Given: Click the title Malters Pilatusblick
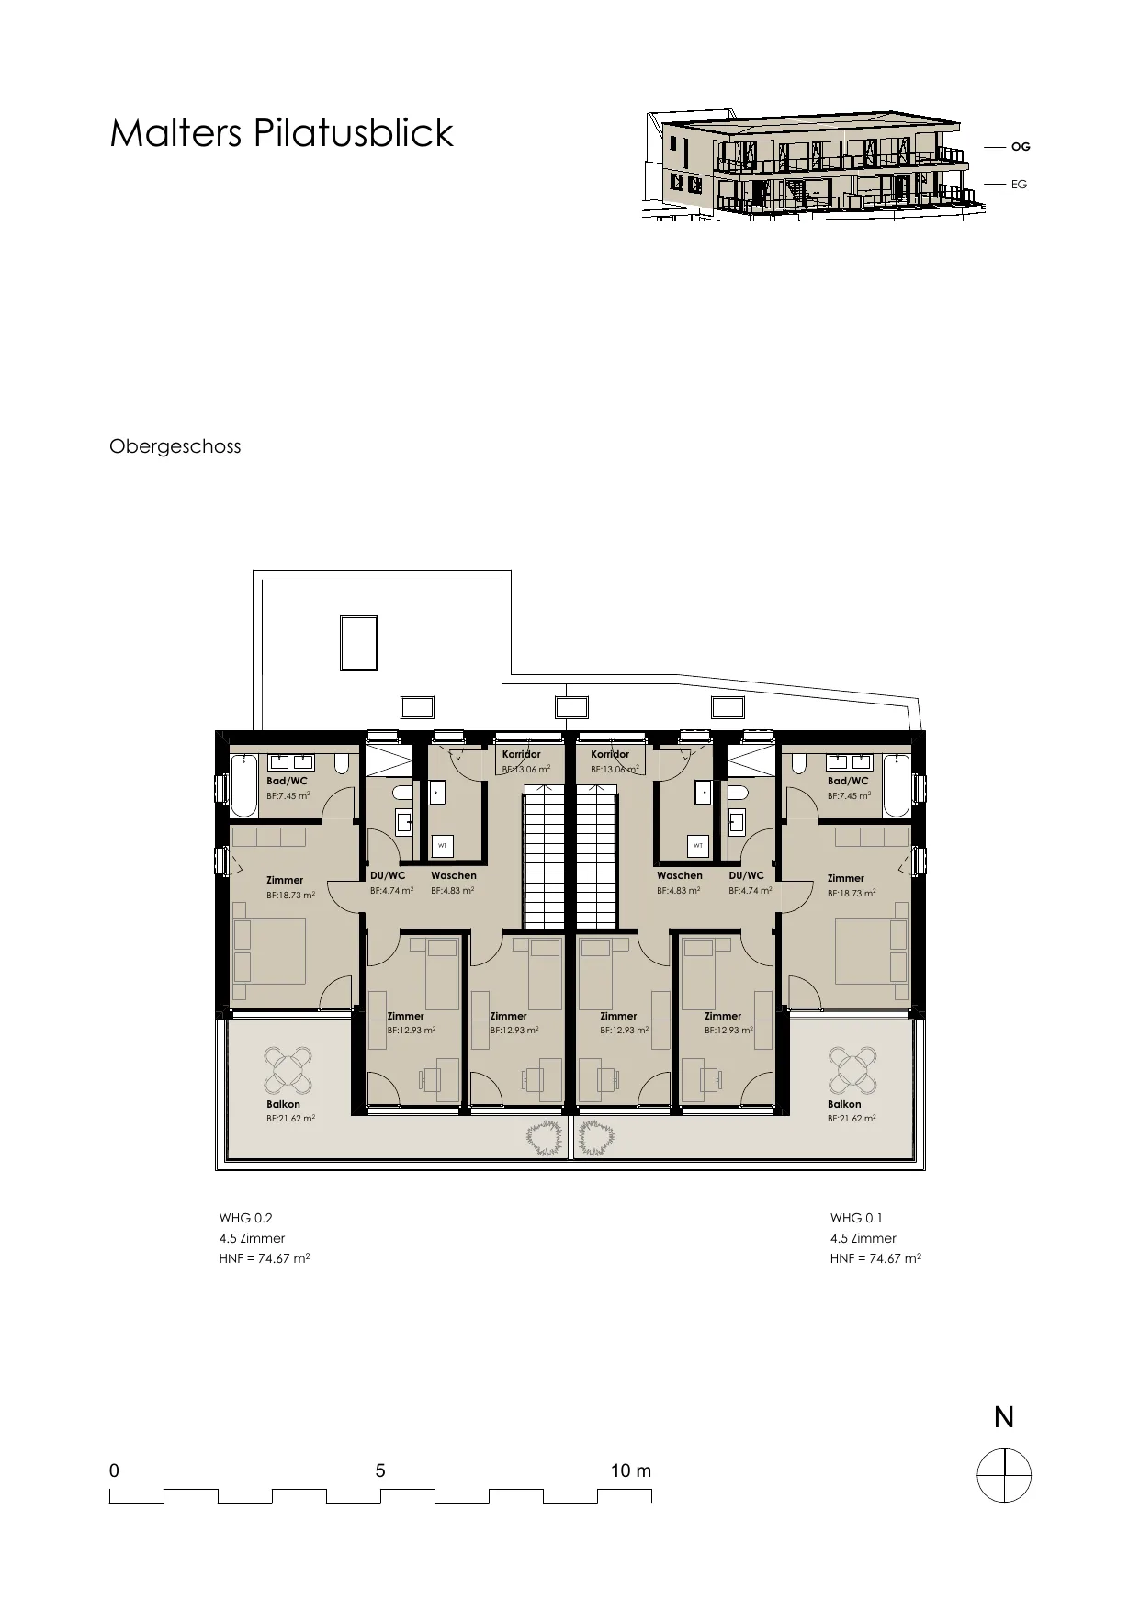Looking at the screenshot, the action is [281, 133].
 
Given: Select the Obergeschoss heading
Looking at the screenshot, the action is [175, 446].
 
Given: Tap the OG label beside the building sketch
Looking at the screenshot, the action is [1021, 147].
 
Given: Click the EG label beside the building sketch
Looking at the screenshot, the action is [1019, 185].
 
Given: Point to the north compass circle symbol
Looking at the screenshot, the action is [1004, 1475].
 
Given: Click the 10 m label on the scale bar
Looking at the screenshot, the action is [631, 1470].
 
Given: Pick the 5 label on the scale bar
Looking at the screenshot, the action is [380, 1470].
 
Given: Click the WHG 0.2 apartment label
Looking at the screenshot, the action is [246, 1218].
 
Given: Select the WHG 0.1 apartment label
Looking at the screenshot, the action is [856, 1218].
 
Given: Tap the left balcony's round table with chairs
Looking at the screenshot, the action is [288, 1068].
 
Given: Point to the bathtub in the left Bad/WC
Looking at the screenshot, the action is [243, 785].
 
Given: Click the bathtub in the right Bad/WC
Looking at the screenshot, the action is [897, 785].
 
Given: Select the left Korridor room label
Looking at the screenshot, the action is [522, 754].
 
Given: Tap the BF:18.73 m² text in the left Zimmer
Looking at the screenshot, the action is [291, 895].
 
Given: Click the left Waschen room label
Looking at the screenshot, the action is [454, 875].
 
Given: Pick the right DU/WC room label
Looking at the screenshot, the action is [747, 875].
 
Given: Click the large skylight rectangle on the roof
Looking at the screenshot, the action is [358, 644].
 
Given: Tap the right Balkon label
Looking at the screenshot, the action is [844, 1104].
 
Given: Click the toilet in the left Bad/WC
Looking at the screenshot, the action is [342, 763].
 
